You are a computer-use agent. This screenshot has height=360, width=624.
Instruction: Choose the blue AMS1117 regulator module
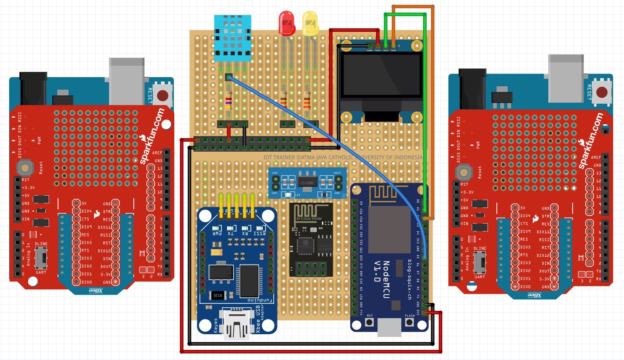(x=308, y=183)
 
